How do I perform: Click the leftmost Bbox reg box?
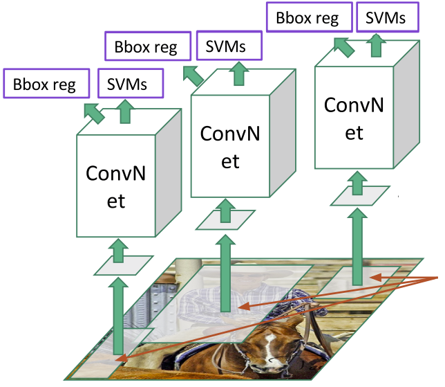pyautogui.click(x=48, y=84)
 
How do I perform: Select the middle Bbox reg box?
pyautogui.click(x=145, y=47)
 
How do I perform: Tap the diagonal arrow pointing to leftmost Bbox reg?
pyautogui.click(x=94, y=112)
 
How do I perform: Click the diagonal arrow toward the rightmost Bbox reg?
pyautogui.click(x=343, y=46)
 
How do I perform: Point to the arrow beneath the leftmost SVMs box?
pyautogui.click(x=125, y=111)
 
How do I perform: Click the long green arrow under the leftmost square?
pyautogui.click(x=118, y=312)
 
